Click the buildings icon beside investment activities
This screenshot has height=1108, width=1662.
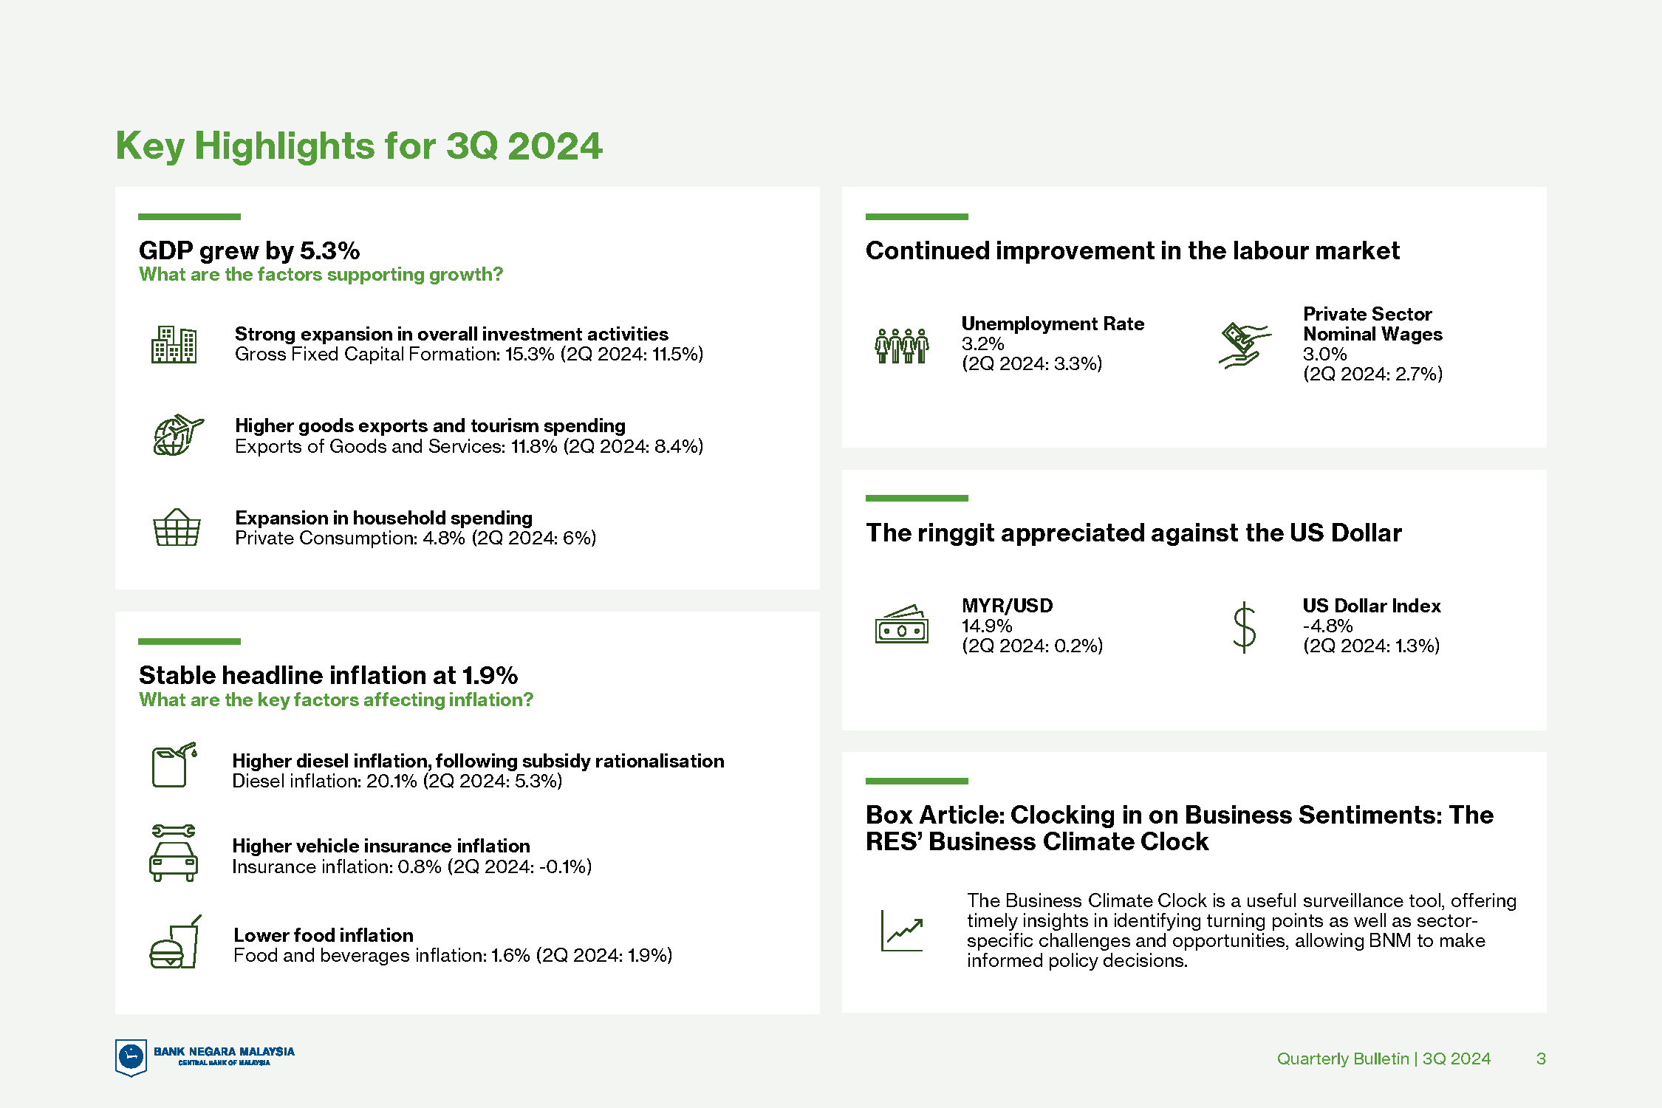click(x=174, y=344)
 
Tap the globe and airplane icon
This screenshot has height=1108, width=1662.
click(x=178, y=435)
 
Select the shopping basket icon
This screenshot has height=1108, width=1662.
click(x=177, y=527)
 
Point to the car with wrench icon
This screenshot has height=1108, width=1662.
click(x=174, y=853)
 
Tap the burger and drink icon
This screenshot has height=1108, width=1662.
click(x=175, y=942)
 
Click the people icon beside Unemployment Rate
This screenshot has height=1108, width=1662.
click(x=901, y=346)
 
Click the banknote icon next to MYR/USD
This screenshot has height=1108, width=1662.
click(x=901, y=624)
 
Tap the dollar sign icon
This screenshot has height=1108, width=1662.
click(x=1245, y=627)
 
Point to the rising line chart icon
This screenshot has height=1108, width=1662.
click(x=902, y=931)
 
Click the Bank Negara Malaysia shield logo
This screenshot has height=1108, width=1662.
click(x=131, y=1057)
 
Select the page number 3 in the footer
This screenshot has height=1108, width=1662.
click(x=1541, y=1059)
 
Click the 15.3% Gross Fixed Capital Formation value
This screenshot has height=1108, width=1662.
click(x=530, y=355)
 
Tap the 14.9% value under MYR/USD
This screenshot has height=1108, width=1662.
click(x=987, y=626)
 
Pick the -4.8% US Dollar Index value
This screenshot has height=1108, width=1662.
click(x=1327, y=626)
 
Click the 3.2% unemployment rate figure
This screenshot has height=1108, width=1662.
click(x=982, y=344)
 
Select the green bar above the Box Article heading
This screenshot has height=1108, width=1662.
click(x=917, y=781)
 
